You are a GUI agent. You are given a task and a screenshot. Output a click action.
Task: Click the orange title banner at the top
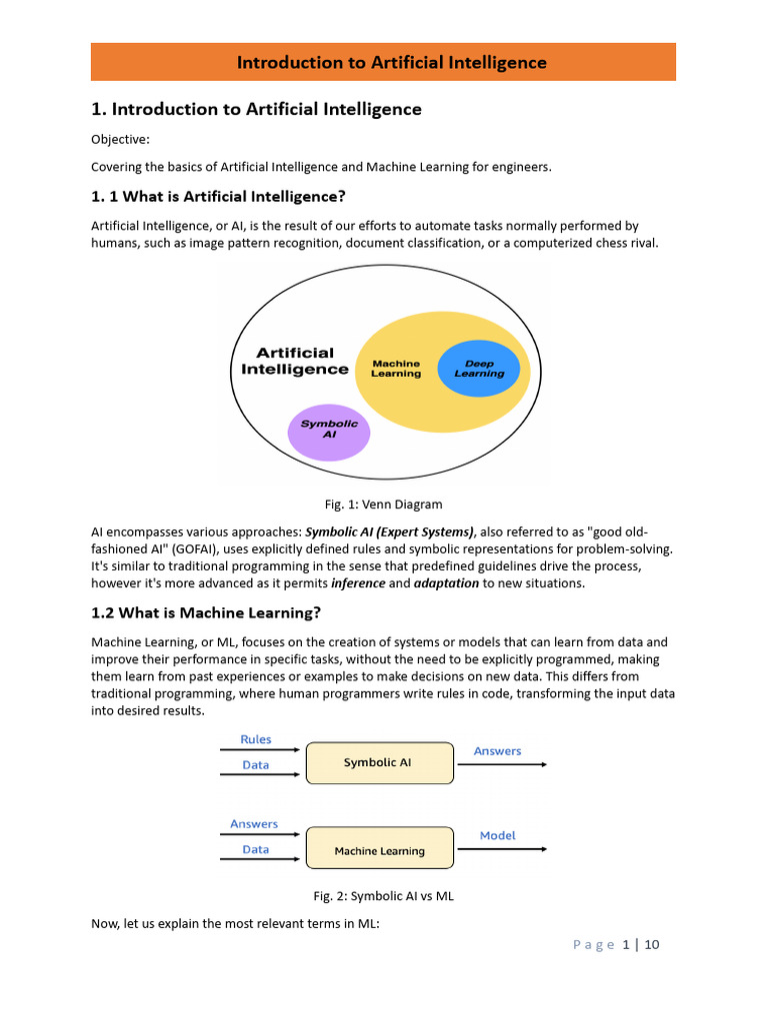[x=383, y=62]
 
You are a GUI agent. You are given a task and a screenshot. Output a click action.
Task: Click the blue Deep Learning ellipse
[x=479, y=369]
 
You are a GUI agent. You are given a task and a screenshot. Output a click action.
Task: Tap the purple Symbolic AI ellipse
[x=329, y=431]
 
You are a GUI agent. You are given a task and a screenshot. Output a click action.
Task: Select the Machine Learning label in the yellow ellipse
[x=396, y=369]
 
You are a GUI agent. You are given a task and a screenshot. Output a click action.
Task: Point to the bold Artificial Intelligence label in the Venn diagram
[x=295, y=361]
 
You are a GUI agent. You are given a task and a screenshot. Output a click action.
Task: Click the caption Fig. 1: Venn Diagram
[x=383, y=505]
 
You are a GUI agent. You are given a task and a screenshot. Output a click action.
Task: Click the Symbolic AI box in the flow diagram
[x=378, y=762]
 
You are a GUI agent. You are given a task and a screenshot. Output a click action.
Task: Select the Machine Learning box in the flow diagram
[x=379, y=851]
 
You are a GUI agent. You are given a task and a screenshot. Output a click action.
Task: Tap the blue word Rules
[x=256, y=739]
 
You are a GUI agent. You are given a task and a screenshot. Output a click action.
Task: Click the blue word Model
[x=498, y=835]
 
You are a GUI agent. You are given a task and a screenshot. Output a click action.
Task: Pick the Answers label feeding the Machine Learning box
[x=254, y=824]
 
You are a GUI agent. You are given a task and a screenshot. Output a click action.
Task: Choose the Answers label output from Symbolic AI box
[x=497, y=751]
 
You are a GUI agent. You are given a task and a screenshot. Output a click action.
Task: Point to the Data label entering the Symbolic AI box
[x=256, y=765]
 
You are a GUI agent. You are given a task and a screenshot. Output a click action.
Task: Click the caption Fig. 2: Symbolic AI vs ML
[x=383, y=896]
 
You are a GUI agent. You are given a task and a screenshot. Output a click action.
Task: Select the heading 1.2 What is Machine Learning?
[x=206, y=612]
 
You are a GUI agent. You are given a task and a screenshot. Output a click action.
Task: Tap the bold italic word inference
[x=358, y=583]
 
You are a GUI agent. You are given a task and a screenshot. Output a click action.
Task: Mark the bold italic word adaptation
[x=446, y=583]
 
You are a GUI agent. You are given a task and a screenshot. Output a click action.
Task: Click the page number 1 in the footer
[x=626, y=945]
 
